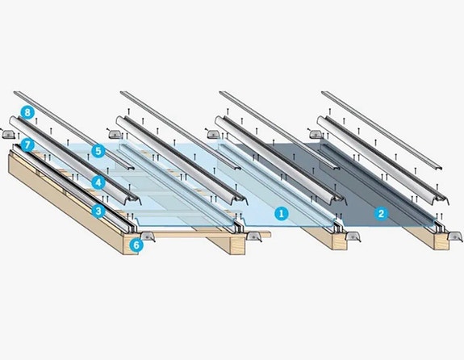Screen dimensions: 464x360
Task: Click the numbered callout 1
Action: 281,213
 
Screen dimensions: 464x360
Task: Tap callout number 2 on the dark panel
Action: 381,213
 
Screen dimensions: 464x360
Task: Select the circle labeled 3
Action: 98,211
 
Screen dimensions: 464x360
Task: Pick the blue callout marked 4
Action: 98,182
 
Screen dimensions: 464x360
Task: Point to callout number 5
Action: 98,151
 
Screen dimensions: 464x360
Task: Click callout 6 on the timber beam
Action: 136,245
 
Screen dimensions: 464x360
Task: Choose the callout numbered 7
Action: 27,145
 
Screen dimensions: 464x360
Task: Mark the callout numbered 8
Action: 27,113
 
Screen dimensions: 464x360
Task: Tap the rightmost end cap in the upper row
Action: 316,134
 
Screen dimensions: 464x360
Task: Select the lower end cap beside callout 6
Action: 147,237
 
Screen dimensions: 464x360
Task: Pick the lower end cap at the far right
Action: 455,237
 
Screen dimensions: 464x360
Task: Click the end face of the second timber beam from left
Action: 237,245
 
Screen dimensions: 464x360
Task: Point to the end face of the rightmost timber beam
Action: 441,242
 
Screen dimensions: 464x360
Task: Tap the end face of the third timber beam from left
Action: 339,242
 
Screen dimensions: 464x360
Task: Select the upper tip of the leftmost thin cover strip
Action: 15,93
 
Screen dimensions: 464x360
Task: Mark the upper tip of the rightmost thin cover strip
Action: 323,93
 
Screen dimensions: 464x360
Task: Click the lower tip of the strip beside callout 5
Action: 130,168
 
